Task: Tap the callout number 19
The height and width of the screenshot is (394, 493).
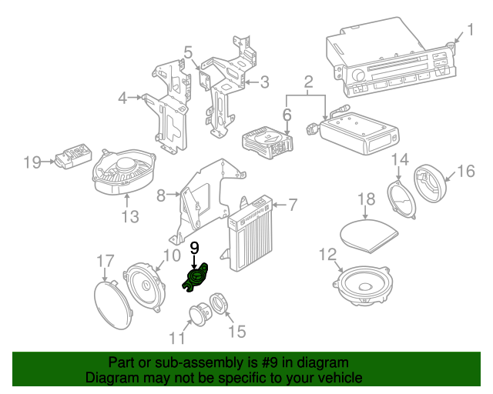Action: tap(32, 162)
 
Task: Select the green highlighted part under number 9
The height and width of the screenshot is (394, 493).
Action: tap(196, 278)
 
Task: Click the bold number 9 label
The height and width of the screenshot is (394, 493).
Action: tap(194, 247)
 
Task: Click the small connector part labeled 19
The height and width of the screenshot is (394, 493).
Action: tap(72, 160)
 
